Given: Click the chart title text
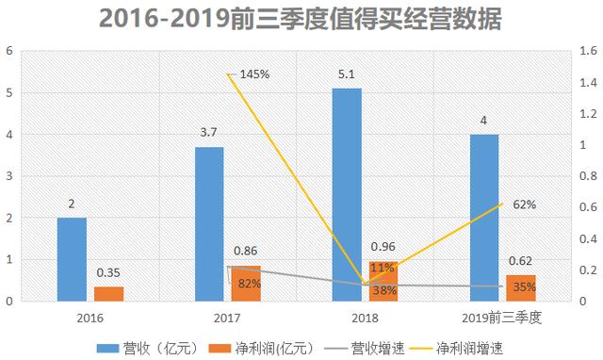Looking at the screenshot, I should point(301,19).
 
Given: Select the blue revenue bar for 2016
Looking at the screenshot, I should point(72,259).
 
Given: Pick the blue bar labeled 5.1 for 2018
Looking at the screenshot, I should point(347,194).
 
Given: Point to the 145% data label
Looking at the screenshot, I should point(253,74).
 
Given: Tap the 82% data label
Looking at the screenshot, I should point(249,283).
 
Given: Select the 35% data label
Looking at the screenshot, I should point(525,286).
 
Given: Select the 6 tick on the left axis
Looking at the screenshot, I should point(9,51).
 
